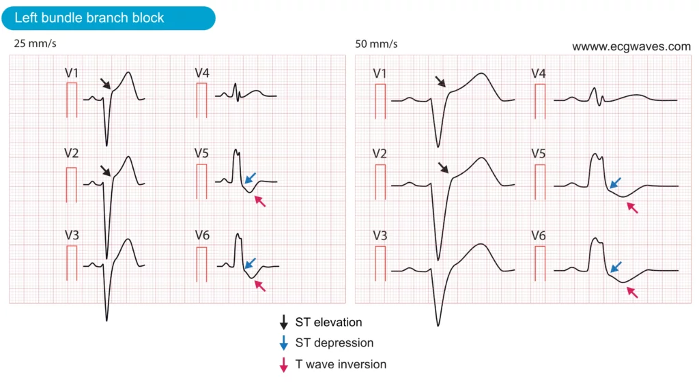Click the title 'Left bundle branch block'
click(x=89, y=18)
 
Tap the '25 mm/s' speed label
click(x=35, y=44)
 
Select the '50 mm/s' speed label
click(x=376, y=44)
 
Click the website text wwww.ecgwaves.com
click(x=631, y=47)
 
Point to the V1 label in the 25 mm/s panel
click(x=71, y=73)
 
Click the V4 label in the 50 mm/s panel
click(x=539, y=74)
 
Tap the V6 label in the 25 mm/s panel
click(x=202, y=235)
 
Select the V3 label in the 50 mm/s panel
click(x=380, y=235)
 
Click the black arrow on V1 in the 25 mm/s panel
click(x=105, y=84)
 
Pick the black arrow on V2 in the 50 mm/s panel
click(x=443, y=168)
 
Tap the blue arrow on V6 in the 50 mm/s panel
click(x=616, y=267)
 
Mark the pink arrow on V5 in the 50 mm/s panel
click(x=632, y=207)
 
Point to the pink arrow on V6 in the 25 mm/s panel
click(x=260, y=286)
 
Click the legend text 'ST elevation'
click(x=328, y=323)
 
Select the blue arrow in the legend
click(x=283, y=343)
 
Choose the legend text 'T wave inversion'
click(x=341, y=364)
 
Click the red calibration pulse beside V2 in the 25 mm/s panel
click(x=71, y=185)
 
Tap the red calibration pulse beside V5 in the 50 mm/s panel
click(x=540, y=181)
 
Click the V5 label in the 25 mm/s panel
click(x=201, y=153)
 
